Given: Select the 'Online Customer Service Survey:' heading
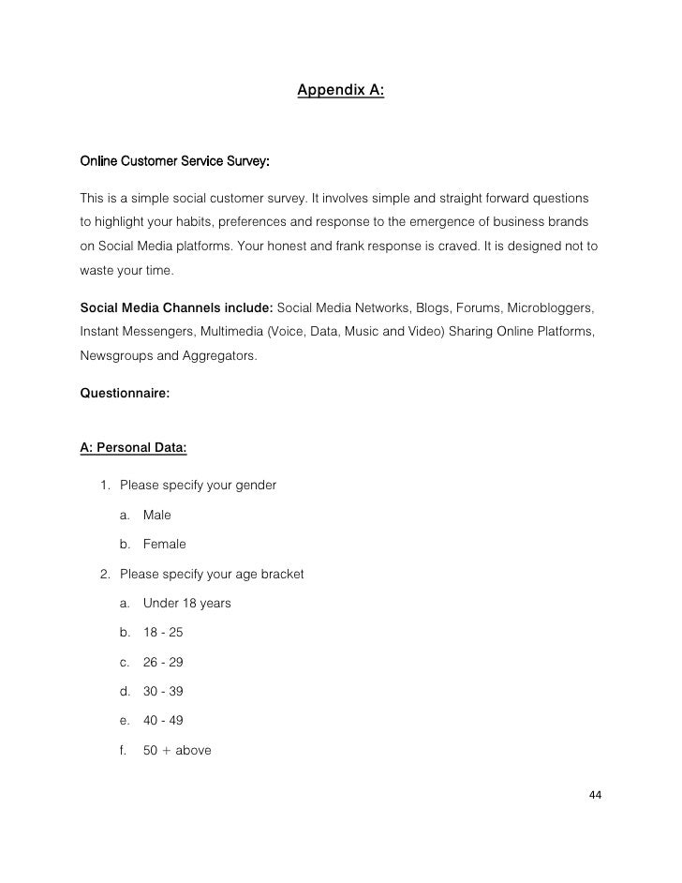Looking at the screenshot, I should [175, 162].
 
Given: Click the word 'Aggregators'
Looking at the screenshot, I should [214, 358].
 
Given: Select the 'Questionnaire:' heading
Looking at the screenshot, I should [126, 397].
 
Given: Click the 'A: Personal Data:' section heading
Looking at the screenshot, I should [134, 448].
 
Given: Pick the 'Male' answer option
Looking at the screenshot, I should [157, 515].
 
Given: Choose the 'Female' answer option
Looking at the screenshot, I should [165, 544].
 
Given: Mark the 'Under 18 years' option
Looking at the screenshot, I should [186, 603].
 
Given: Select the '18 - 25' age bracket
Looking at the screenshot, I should [164, 632].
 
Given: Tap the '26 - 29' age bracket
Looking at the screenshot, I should [164, 662].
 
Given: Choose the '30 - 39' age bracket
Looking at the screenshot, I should [164, 692].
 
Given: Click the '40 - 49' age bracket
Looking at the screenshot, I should [164, 721].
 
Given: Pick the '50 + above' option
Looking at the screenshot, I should [177, 750].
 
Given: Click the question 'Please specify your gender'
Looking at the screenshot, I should [197, 486].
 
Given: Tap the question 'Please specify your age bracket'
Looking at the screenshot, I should [211, 573].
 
